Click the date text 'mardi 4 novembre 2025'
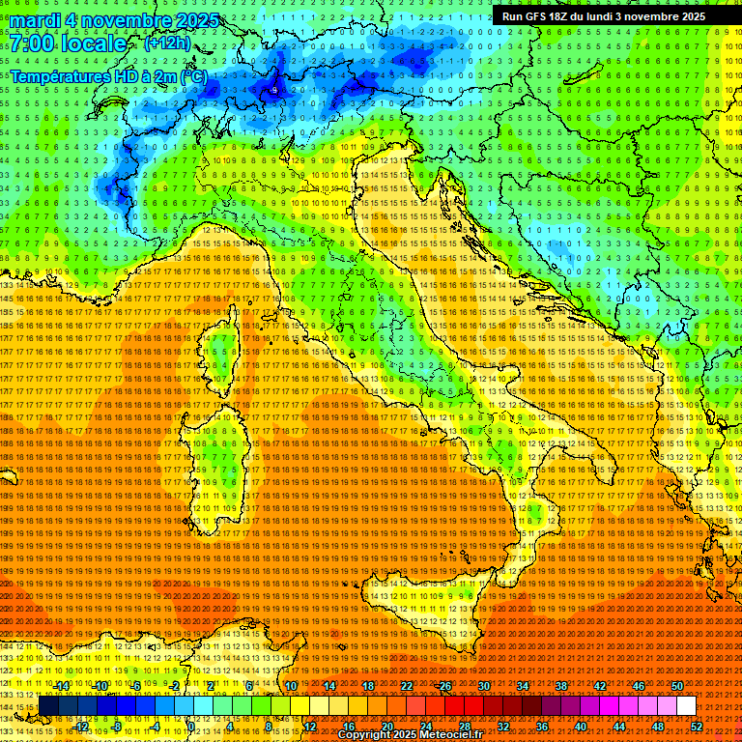pos(115,20)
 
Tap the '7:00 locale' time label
pos(69,43)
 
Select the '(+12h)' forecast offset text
pos(167,43)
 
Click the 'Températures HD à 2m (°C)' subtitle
pos(108,75)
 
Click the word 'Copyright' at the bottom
pos(363,735)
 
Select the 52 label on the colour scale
pos(696,726)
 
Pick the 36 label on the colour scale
pos(542,726)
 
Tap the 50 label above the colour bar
pos(676,685)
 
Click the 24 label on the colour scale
pos(425,726)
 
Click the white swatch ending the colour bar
pos(686,705)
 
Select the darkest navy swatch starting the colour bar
pos(48,705)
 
